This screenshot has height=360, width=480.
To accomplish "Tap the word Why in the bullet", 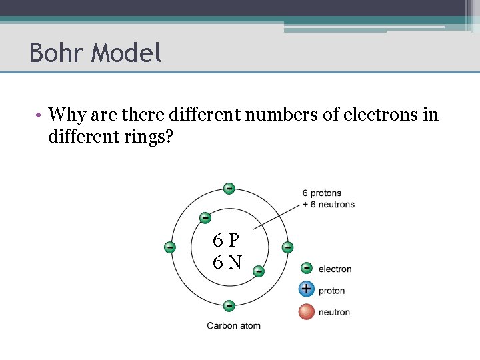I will pos(65,115).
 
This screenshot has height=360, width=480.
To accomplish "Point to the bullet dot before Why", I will pos(39,115).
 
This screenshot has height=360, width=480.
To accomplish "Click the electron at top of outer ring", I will pos(229,189).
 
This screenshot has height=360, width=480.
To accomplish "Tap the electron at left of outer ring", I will pos(170,247).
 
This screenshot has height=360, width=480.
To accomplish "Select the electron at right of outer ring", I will pos(287,247).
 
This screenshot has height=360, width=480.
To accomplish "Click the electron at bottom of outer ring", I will pos(229,306).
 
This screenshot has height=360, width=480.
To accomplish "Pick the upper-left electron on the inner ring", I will pos(205,218).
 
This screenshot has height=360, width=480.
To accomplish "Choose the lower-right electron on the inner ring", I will pos(258,271).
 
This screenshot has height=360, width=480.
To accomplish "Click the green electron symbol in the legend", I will pos(307,268).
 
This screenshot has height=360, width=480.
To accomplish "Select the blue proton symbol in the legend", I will pos(307,289).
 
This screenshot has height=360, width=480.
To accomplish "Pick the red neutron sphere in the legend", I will pos(307,311).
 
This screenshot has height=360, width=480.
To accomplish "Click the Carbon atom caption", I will pos(233,325).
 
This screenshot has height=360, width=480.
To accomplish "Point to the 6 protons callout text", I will pos(321,193).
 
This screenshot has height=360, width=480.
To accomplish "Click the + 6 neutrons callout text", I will pos(329,204).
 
